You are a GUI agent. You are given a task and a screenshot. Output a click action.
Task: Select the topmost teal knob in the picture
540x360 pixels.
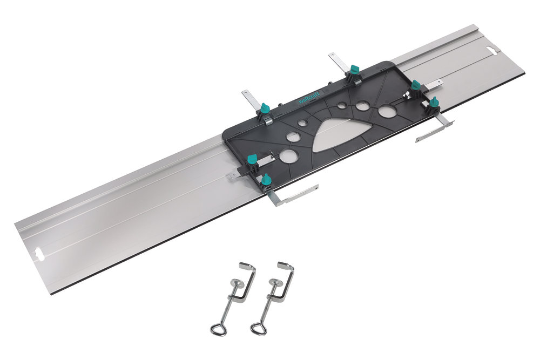354,69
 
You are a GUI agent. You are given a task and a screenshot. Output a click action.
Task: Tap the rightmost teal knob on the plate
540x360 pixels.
434,101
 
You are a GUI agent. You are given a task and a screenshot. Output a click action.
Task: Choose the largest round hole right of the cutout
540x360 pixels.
386,111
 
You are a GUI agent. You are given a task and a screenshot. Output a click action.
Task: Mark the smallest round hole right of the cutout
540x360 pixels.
341,106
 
